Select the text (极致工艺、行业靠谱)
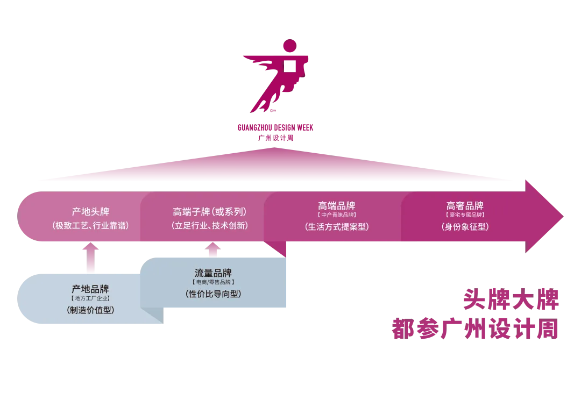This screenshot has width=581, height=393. (x=90, y=226)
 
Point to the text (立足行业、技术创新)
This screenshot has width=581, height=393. (x=210, y=226)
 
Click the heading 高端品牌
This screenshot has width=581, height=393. (x=337, y=206)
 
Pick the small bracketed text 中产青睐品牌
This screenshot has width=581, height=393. (x=337, y=216)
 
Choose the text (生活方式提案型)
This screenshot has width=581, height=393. (x=337, y=227)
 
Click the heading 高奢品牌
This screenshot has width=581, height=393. (x=465, y=206)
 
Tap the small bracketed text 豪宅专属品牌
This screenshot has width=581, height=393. (x=465, y=216)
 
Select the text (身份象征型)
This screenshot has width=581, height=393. (x=465, y=227)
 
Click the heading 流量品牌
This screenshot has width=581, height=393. (x=213, y=273)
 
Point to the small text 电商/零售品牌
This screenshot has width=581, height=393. (x=213, y=282)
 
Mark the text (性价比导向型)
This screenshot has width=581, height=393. (x=213, y=294)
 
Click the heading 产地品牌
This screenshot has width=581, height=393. (x=90, y=289)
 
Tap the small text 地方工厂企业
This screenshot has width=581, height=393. (x=90, y=298)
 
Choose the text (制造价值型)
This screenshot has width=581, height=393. (x=90, y=310)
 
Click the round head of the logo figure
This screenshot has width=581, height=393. (x=289, y=45)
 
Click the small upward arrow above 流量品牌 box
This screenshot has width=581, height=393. (x=213, y=248)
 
